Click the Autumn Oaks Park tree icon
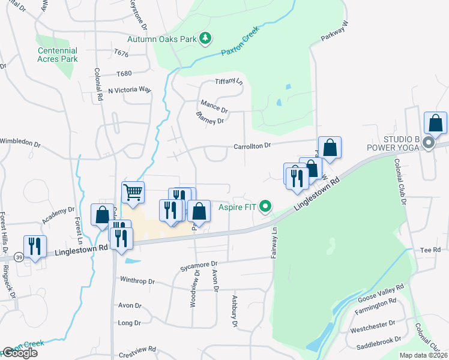point(206,39)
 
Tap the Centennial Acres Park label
point(58,55)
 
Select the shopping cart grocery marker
point(133,192)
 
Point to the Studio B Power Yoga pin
point(428,143)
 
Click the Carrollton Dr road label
point(253,145)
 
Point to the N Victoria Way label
point(129,90)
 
